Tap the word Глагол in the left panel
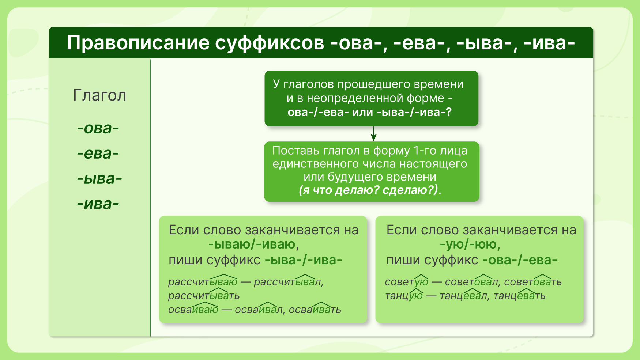(100, 95)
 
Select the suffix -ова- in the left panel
(98, 128)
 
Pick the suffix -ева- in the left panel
(98, 154)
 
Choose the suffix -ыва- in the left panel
(99, 179)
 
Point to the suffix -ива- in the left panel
(98, 204)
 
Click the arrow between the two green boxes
(373, 134)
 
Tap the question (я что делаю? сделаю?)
(368, 190)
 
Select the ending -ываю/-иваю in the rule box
(252, 244)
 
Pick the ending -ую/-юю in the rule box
(468, 244)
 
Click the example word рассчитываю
(203, 282)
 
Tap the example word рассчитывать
(204, 296)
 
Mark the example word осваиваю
(193, 310)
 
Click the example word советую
(406, 282)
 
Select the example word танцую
(404, 296)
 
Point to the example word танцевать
(519, 296)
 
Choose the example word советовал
(471, 282)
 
